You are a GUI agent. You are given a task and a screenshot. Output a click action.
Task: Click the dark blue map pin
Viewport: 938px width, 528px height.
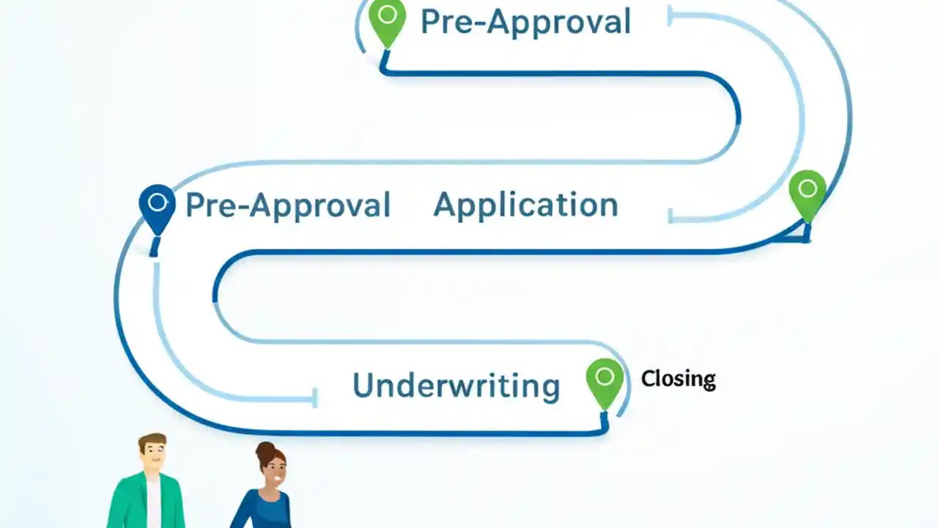coord(157,207)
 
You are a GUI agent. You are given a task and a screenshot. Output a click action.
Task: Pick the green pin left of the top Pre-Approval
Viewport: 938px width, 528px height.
coord(387,21)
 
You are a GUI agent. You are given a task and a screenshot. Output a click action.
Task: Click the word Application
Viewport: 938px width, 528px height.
coord(525,205)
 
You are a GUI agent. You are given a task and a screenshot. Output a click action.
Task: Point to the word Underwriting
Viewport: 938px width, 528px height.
coord(456,386)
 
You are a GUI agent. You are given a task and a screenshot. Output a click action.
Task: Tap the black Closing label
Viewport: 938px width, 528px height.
coord(678,379)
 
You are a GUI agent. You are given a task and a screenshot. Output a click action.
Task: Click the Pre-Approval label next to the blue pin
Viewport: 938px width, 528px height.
coord(287,205)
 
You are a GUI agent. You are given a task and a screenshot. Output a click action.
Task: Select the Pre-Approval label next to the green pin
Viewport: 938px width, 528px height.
coord(525,22)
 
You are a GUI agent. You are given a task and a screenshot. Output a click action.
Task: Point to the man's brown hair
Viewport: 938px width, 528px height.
coord(152,439)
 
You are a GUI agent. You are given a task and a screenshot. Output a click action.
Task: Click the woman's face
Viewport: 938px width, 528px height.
coord(275,474)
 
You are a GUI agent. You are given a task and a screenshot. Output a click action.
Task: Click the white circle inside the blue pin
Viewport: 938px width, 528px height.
coord(157,202)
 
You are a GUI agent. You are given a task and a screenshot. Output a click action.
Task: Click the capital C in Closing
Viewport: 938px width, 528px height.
coord(648,379)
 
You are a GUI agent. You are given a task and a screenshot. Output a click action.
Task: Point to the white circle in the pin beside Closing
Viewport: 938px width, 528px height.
coord(605,377)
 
